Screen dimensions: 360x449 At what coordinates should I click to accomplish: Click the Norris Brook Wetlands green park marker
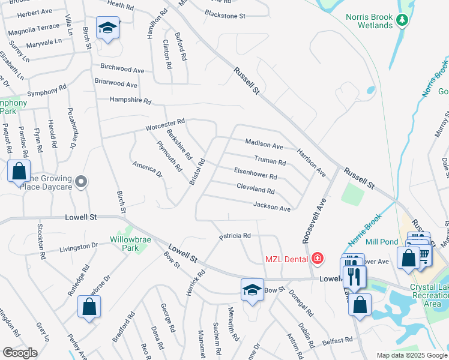(x=402, y=21)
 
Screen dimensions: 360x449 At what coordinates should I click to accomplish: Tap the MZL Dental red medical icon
(x=317, y=259)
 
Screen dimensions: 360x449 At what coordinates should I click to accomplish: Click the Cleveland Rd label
(x=255, y=190)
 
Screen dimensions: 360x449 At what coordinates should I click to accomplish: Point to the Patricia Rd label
(x=234, y=236)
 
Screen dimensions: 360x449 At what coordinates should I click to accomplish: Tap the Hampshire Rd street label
(x=130, y=101)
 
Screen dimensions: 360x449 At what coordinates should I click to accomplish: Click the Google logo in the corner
(x=20, y=353)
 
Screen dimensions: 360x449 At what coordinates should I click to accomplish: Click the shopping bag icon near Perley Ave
(x=89, y=307)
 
